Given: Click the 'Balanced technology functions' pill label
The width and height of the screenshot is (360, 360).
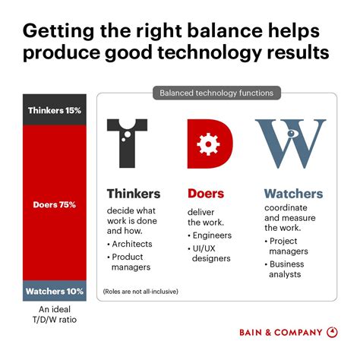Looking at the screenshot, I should pos(216,93).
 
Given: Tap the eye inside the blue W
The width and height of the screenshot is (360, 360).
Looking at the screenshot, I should pos(292,134).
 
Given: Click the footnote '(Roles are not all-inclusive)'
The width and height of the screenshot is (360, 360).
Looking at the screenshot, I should pos(143,291).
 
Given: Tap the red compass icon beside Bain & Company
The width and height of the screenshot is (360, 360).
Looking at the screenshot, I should pos(333,332).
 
